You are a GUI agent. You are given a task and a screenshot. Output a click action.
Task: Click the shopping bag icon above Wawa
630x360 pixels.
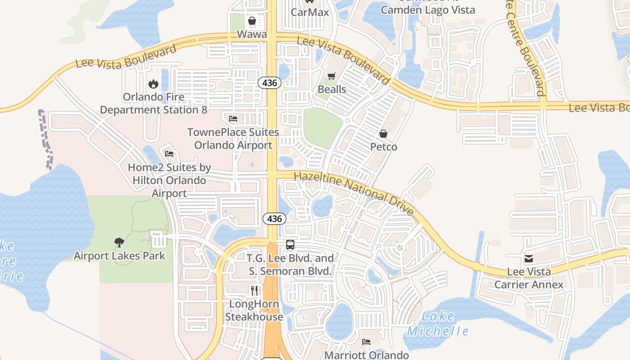pyautogui.click(x=252, y=21)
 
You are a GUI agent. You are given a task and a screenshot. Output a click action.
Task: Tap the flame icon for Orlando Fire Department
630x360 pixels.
pyautogui.click(x=153, y=84)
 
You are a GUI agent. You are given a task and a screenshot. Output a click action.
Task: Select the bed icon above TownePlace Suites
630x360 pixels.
pyautogui.click(x=233, y=119)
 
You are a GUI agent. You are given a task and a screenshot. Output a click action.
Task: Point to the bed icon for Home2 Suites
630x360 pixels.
pyautogui.click(x=169, y=154)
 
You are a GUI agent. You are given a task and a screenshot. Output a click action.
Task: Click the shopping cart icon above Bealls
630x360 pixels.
pyautogui.click(x=332, y=76)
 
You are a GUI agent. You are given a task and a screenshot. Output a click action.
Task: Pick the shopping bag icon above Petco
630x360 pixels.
pyautogui.click(x=383, y=134)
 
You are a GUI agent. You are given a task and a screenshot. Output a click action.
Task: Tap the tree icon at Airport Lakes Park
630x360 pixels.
pyautogui.click(x=119, y=243)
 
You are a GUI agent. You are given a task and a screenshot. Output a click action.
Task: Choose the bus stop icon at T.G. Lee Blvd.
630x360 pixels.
pyautogui.click(x=290, y=245)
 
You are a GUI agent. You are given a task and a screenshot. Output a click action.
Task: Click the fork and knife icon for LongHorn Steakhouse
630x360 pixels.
pyautogui.click(x=254, y=291)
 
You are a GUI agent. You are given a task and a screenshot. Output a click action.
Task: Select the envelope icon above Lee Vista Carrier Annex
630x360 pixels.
pyautogui.click(x=529, y=259)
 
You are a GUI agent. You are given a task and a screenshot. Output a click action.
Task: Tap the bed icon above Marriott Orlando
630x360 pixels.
pyautogui.click(x=366, y=342)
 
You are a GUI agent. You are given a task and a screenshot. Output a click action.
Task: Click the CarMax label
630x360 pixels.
pyautogui.click(x=310, y=12)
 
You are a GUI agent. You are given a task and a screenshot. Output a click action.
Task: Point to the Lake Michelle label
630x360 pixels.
pyautogui.click(x=438, y=324)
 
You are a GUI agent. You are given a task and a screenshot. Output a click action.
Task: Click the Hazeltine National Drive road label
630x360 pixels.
pyautogui.click(x=354, y=193)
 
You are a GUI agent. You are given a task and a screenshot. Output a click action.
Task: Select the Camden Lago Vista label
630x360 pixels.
pyautogui.click(x=428, y=9)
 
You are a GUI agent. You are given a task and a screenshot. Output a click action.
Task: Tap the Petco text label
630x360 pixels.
pyautogui.click(x=384, y=147)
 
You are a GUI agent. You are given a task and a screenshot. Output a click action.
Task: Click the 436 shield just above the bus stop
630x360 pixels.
pyautogui.click(x=274, y=219)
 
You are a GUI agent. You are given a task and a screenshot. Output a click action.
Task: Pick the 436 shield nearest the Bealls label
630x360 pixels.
pyautogui.click(x=270, y=83)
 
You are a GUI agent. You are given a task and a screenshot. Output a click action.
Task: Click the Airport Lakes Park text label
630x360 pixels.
pyautogui.click(x=120, y=256)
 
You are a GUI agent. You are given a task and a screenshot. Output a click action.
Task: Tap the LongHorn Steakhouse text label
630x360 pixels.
pyautogui.click(x=254, y=310)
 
